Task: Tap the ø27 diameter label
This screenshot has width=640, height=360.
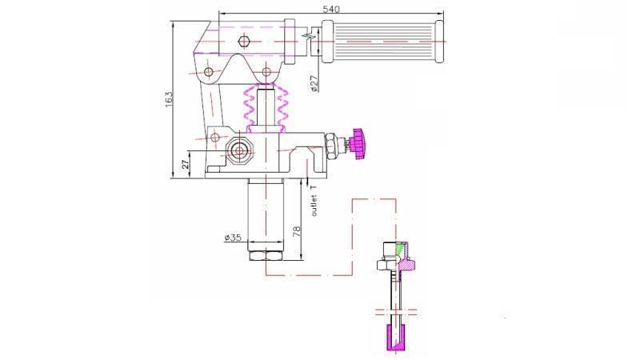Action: point(314,84)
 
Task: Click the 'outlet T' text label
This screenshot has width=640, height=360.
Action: point(314,199)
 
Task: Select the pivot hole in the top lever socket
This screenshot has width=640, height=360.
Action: point(244,40)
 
